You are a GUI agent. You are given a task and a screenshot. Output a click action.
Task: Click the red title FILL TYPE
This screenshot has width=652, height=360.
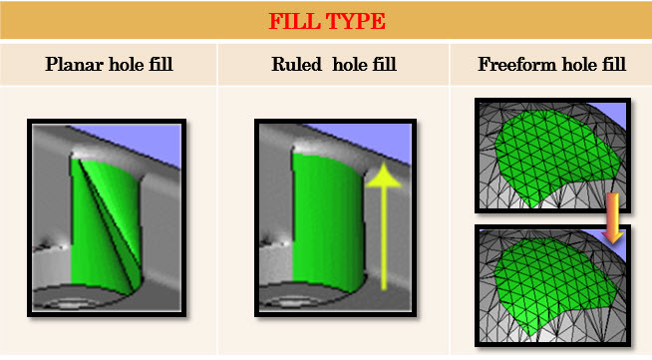325,20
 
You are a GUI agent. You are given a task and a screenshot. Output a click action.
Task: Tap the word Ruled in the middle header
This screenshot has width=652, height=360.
297,65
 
